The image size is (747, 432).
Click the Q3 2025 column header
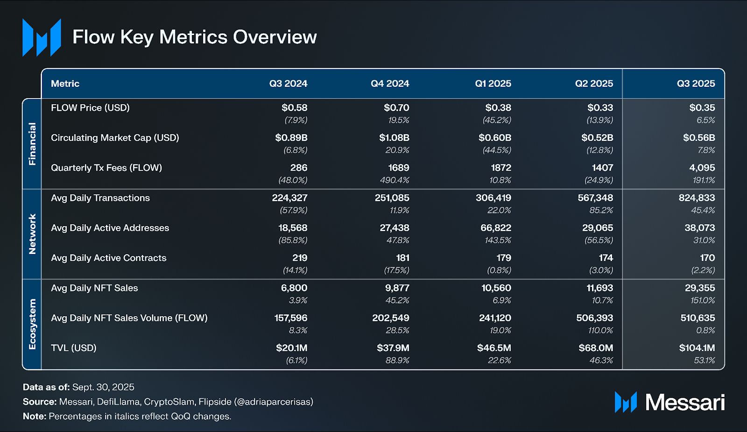tap(696, 84)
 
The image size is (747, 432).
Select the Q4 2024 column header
tap(390, 84)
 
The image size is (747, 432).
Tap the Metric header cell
tap(65, 84)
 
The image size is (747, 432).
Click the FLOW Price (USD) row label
tap(90, 108)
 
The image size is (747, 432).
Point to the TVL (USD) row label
tap(73, 348)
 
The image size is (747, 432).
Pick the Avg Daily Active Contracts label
tap(108, 258)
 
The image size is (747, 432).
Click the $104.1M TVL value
tap(697, 348)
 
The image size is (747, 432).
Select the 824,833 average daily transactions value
tap(697, 198)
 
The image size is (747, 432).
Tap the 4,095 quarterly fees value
tap(702, 168)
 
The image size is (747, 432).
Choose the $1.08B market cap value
tap(394, 138)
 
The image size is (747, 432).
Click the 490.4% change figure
tap(395, 180)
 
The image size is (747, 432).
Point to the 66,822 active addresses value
tap(496, 228)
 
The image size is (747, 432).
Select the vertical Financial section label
tap(32, 144)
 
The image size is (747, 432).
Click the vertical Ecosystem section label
tap(32, 324)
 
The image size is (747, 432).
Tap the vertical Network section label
tap(32, 234)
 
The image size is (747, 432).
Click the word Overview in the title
tap(275, 37)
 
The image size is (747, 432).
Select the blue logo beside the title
tap(42, 37)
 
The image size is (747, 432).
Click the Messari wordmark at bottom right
tap(684, 402)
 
